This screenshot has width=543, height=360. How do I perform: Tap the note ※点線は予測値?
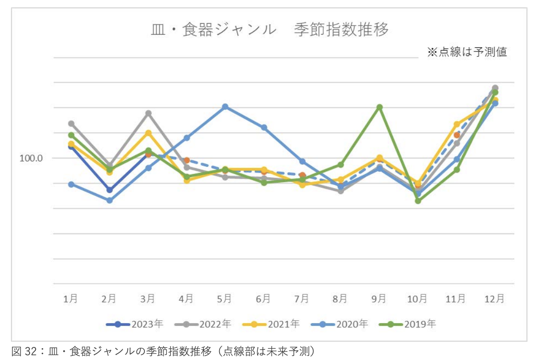tap(467, 52)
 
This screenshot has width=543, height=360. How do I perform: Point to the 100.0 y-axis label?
tap(31, 158)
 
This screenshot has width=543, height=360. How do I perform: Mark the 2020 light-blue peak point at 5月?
tap(225, 107)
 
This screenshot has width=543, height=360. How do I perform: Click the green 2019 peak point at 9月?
tap(379, 107)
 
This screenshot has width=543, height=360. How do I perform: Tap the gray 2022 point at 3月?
tap(148, 113)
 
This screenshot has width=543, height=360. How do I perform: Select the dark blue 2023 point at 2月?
tap(109, 190)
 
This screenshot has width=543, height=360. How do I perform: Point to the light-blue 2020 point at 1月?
tap(71, 184)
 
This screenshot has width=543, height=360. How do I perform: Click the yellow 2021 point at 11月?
tap(456, 124)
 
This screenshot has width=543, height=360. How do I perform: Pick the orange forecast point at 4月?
tap(186, 160)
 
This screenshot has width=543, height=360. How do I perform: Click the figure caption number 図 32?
tap(23, 351)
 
